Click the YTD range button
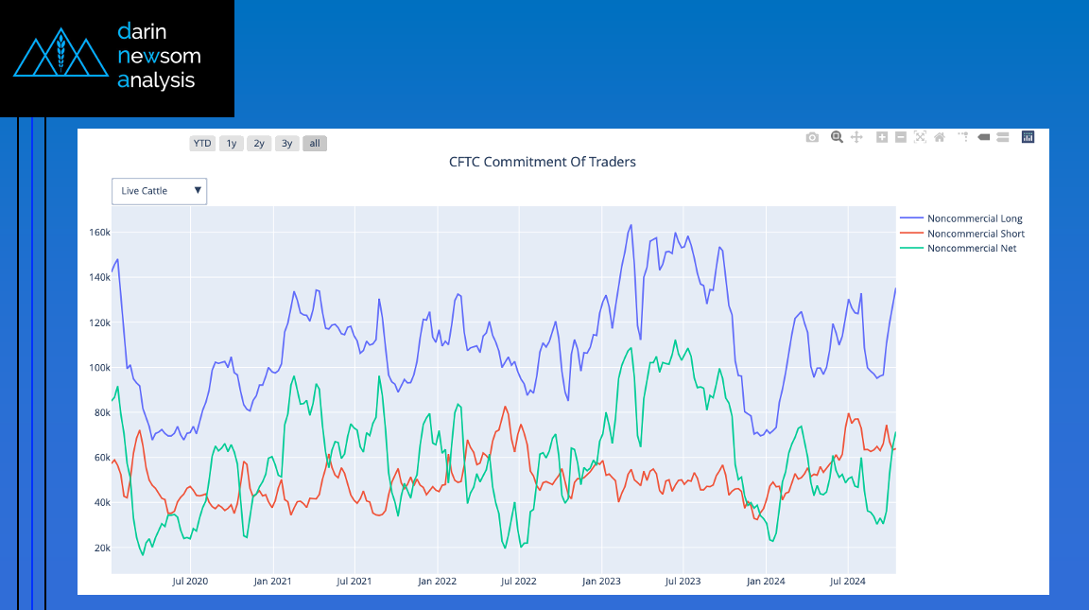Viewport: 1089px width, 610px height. click(x=202, y=143)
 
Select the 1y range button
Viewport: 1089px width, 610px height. click(x=232, y=143)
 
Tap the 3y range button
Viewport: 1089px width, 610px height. click(x=286, y=143)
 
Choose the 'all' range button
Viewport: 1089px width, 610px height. click(x=315, y=143)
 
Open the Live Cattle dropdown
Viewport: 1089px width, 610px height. click(x=159, y=191)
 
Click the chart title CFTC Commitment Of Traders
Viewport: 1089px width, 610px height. click(x=543, y=162)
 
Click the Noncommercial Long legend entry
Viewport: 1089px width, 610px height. click(x=961, y=218)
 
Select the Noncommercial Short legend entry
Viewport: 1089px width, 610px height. click(x=962, y=234)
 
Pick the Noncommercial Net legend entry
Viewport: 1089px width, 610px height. click(x=959, y=248)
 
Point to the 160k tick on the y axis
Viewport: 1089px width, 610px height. click(x=99, y=232)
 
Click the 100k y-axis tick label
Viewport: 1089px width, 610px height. click(x=99, y=368)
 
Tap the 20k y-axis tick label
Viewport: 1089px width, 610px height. click(x=101, y=548)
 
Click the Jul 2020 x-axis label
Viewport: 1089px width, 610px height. click(x=190, y=581)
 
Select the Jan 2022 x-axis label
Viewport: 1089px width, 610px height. click(x=437, y=581)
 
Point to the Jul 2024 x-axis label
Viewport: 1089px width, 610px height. click(x=847, y=581)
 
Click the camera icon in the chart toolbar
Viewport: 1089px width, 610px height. click(x=812, y=137)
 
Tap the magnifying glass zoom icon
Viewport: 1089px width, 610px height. click(x=837, y=137)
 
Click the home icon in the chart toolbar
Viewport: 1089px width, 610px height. click(x=940, y=137)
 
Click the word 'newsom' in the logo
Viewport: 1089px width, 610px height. click(x=159, y=56)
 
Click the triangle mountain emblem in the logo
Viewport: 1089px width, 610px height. click(x=61, y=53)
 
